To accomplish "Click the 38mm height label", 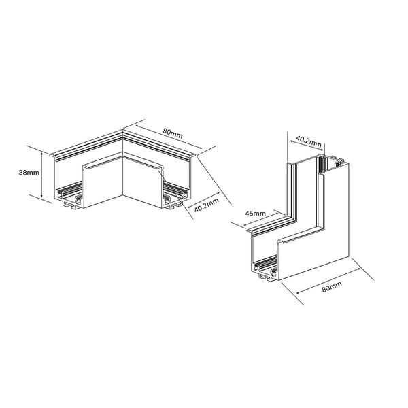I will point(28,173).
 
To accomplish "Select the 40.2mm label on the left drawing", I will point(207,205).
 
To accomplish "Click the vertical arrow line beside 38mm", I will point(44,175).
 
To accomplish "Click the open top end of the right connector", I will point(333,164).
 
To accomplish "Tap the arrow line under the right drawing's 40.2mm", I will point(307,150).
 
